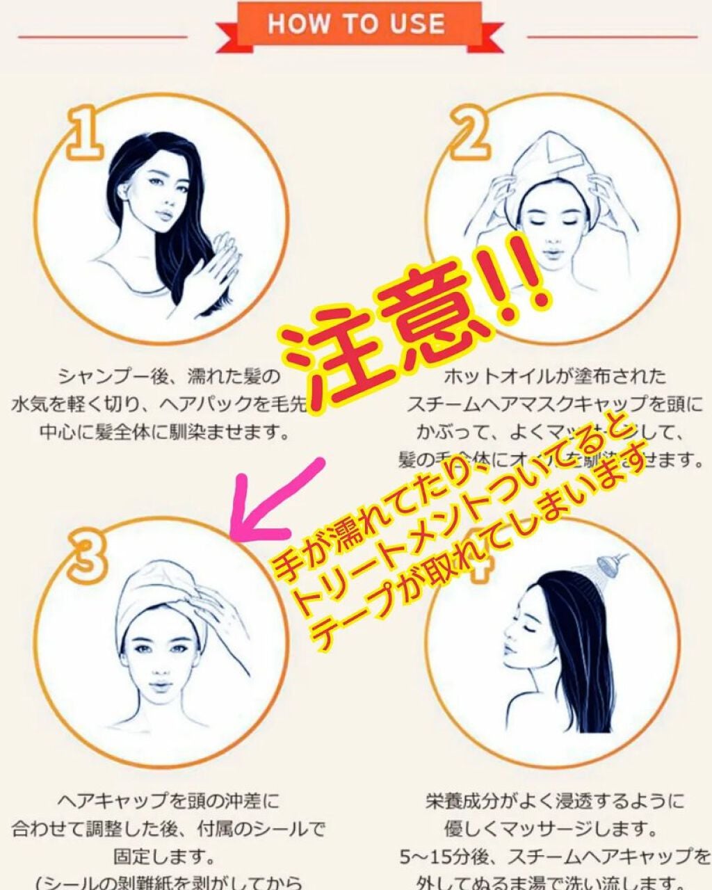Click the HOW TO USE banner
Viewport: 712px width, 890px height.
point(356,25)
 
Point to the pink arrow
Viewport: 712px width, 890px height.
point(278,501)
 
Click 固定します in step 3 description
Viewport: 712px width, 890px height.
point(163,855)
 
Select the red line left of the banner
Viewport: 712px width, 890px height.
point(101,36)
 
